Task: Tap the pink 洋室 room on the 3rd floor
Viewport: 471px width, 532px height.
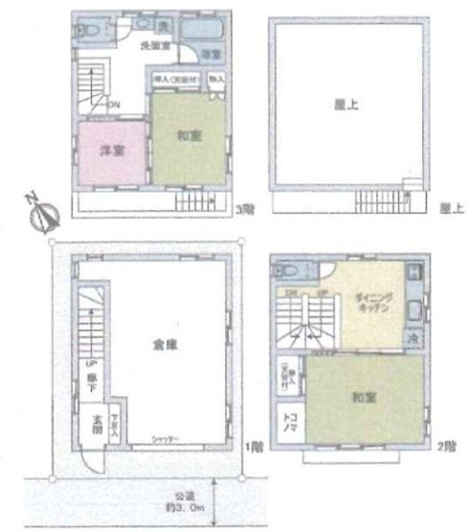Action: click(111, 151)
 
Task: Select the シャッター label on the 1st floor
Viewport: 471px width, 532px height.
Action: click(166, 440)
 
